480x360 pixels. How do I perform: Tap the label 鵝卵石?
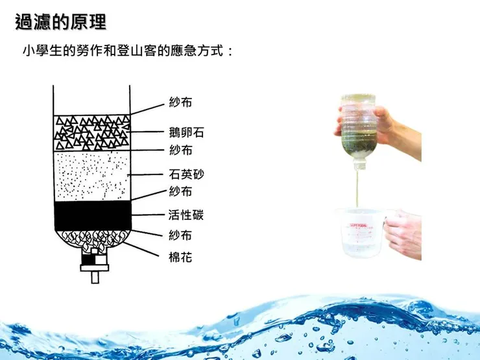186,133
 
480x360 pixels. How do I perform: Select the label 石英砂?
186,174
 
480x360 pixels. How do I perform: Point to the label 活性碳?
186,215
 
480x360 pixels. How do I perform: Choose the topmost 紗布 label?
180,102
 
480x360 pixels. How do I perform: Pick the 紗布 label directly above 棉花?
180,234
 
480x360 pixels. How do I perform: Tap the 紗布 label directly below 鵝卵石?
180,150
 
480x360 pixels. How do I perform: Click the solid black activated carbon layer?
92,215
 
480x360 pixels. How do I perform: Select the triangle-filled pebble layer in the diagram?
92,133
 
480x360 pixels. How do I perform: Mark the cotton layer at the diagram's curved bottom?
92,238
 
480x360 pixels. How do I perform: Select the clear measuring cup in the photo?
360,234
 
